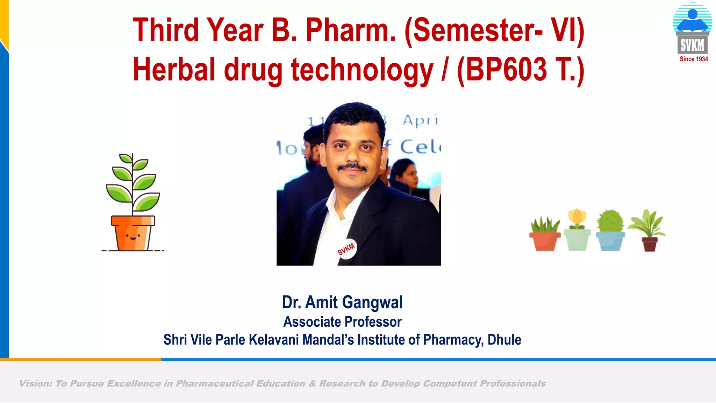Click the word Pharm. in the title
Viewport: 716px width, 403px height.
(351, 30)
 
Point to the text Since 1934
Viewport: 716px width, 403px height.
(694, 59)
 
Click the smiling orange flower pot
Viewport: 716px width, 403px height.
(133, 233)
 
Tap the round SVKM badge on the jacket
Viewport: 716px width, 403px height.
(346, 249)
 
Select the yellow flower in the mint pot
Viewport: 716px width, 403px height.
(577, 218)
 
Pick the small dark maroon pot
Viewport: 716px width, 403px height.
(650, 244)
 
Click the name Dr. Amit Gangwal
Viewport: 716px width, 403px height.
(342, 302)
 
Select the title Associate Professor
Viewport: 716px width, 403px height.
(342, 322)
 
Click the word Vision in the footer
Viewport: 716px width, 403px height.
(35, 384)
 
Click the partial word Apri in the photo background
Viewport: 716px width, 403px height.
(420, 121)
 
